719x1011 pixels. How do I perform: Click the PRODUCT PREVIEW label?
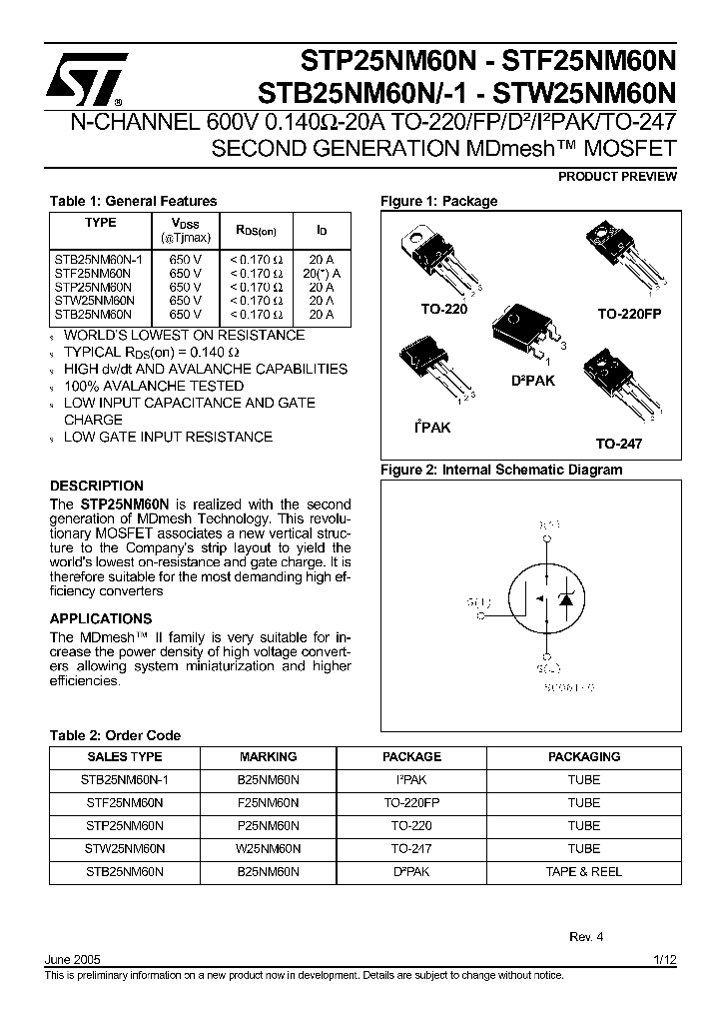(617, 177)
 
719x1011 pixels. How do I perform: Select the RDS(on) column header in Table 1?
(263, 230)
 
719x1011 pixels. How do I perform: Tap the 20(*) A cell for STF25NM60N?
(322, 272)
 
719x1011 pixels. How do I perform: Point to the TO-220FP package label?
(629, 313)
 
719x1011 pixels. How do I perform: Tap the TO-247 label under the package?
(619, 444)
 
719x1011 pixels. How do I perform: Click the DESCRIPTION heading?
(97, 486)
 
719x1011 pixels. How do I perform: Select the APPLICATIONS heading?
(101, 618)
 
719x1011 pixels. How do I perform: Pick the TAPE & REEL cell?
(584, 871)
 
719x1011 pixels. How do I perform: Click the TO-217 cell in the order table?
(411, 848)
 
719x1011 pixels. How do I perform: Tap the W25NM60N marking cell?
(269, 848)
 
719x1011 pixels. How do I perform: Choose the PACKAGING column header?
(584, 756)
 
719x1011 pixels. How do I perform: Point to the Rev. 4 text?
(586, 937)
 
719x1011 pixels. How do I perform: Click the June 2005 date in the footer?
(73, 959)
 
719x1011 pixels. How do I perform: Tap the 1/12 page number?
(665, 959)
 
